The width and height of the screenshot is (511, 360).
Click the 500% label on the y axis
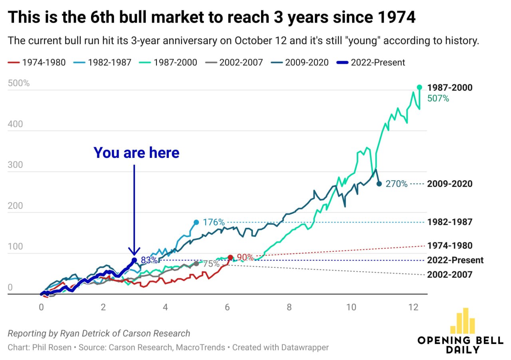(x=18, y=84)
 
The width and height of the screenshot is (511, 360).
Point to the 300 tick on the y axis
(x=15, y=165)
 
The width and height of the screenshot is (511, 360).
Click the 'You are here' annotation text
(x=137, y=153)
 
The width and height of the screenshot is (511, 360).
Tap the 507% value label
(x=438, y=98)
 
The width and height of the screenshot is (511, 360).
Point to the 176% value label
(x=214, y=222)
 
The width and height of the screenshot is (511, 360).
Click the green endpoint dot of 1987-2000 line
(x=419, y=87)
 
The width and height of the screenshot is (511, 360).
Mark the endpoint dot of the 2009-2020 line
(x=379, y=184)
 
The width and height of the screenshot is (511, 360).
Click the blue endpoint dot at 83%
(x=134, y=260)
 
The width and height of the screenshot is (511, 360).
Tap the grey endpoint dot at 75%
(x=196, y=264)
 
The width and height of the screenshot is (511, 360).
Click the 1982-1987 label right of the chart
(x=450, y=222)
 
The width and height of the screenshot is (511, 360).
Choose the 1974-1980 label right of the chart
(x=450, y=246)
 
